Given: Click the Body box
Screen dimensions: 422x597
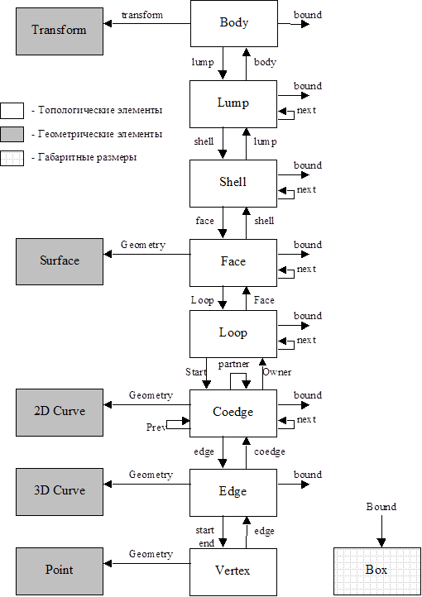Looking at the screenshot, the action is [x=234, y=23].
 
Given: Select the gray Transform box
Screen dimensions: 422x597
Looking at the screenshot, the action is [x=60, y=31].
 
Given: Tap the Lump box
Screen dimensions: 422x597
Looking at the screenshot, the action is [x=233, y=104].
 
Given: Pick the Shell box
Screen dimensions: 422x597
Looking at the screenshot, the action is [x=233, y=184].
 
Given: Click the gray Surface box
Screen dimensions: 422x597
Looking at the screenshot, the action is [x=60, y=261].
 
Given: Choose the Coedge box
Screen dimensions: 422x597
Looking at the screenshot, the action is [x=233, y=413].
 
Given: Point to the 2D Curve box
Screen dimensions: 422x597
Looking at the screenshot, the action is [x=60, y=413].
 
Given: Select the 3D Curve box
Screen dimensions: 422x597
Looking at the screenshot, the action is [x=60, y=492].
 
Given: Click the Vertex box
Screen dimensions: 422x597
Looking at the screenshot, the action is [x=233, y=572].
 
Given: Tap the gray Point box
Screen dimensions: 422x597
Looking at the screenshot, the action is [x=60, y=571].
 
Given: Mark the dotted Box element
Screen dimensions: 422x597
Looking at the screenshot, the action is [x=377, y=571].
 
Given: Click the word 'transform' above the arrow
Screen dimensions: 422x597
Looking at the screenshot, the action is [x=142, y=15].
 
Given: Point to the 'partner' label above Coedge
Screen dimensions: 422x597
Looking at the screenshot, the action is [x=233, y=365].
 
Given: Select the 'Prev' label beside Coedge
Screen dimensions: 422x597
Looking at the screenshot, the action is [x=156, y=427].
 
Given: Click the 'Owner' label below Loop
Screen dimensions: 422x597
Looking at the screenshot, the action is [x=278, y=372].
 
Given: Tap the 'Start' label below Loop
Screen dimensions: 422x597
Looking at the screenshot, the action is [x=196, y=372].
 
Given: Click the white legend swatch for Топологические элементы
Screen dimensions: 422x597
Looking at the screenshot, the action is [x=12, y=111].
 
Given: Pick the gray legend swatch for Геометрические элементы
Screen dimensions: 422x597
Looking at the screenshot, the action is [x=12, y=135].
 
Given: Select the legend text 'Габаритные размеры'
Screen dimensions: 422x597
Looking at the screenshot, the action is [x=87, y=158].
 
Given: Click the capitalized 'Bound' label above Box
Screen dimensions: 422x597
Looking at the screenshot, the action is [x=381, y=507].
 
